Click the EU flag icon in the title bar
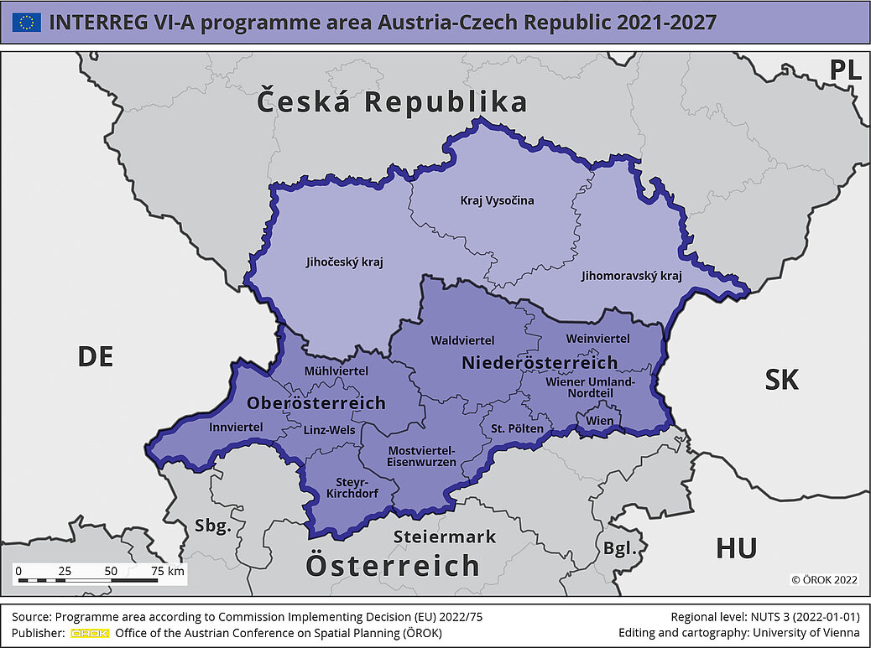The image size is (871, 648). point(26,23)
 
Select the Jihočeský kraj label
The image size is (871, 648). point(344,262)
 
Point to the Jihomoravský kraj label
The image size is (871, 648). point(632,275)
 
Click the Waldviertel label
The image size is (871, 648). point(462,340)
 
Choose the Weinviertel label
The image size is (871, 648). point(597,339)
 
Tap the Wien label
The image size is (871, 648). point(599,420)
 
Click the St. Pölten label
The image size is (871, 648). point(517,428)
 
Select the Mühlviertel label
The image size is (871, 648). point(336,371)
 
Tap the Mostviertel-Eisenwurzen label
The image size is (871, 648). point(421,456)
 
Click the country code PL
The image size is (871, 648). point(845,71)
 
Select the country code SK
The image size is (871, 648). point(781,381)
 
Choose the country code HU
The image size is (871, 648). point(736,549)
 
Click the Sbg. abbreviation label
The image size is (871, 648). point(212,526)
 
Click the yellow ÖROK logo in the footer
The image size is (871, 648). point(90,633)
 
